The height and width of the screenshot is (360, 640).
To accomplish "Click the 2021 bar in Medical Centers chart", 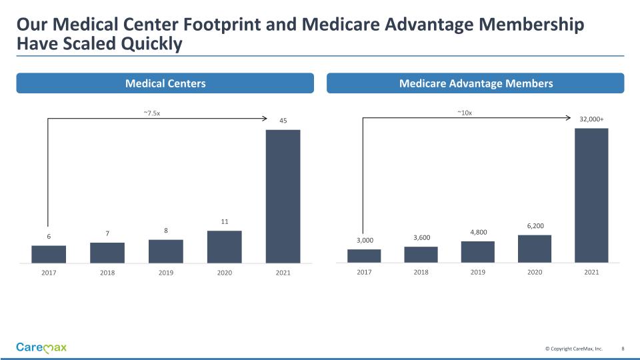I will pos(283,195).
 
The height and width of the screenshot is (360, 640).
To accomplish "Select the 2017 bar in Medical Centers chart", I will pos(49,254).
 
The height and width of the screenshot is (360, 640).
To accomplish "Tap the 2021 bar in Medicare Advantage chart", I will pos(591,195).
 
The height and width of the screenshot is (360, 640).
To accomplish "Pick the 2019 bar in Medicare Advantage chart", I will pos(478,252).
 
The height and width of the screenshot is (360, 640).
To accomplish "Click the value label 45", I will pos(283,121).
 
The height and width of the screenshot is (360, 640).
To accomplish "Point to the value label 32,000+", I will pos(591,119).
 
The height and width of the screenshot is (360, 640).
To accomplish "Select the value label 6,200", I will pos(535,227).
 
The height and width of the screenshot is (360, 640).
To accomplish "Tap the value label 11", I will pos(225,221).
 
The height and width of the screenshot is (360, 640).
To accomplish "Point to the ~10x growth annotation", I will pos(465,113).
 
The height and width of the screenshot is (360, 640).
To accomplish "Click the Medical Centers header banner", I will pos(165,83).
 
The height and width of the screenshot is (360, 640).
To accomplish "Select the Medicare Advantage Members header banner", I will pos(475,83).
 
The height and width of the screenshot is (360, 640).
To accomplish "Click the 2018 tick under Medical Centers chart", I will pos(107,273).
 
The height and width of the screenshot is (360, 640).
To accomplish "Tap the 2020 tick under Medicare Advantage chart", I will pos(535,272).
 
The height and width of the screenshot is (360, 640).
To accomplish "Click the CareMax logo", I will pos(41,347).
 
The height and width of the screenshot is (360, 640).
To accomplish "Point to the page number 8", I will pos(623,349).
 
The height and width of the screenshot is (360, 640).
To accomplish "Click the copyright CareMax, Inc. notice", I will pos(573,349).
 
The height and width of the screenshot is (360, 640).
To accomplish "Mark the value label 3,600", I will pos(421,238).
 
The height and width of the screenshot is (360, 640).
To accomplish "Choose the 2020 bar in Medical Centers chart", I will pos(225,247).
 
